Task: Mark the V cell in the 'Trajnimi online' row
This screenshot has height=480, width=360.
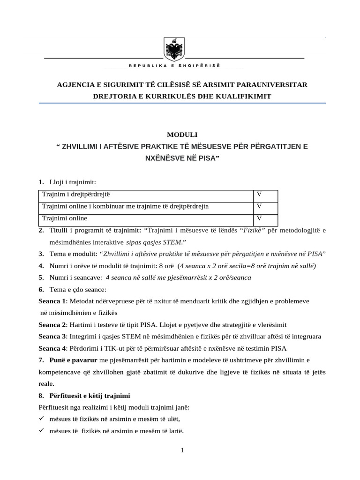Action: coord(259,218)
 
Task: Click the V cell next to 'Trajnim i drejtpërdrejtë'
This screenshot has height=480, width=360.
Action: coord(259,194)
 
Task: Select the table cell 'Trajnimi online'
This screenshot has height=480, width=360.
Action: coord(65,218)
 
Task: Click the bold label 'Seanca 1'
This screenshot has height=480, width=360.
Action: coord(52,300)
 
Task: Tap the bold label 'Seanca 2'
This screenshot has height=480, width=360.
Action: coord(52,324)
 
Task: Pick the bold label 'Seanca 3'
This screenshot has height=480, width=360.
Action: coord(52,337)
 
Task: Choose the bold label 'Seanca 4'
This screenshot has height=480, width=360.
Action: coord(52,348)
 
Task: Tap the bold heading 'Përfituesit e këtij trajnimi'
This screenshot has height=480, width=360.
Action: coord(90,395)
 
